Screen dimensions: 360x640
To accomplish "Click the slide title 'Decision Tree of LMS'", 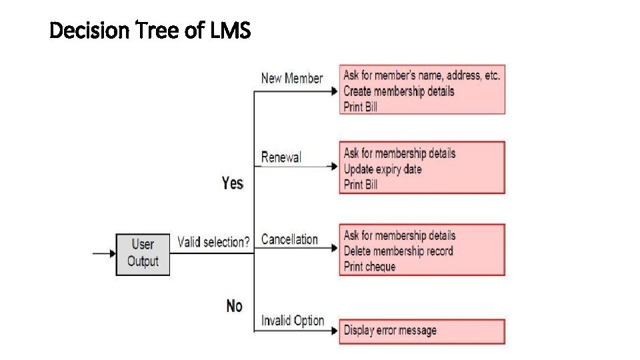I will click(150, 30).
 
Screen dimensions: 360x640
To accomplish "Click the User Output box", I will click(143, 253).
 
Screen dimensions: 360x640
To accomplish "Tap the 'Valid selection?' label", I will click(213, 242).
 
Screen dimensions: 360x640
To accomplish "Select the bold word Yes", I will click(233, 183).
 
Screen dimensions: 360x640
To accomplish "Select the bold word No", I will click(234, 306).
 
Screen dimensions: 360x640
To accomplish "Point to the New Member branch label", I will click(292, 78).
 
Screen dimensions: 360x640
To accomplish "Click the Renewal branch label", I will click(281, 157).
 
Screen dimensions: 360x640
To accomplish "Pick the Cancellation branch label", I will click(289, 239).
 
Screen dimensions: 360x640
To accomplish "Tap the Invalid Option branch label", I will click(293, 321).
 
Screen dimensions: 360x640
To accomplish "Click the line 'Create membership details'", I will click(399, 91).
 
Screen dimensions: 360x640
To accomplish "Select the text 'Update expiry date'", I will click(383, 169).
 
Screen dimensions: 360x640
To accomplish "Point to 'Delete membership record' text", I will click(398, 251).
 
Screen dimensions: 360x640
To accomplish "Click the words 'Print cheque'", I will click(369, 267).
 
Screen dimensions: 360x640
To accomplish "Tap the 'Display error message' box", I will click(421, 331).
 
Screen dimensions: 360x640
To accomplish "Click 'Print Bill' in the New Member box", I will click(361, 107).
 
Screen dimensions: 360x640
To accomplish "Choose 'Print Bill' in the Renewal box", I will click(361, 185).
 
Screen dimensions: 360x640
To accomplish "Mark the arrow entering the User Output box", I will click(104, 253).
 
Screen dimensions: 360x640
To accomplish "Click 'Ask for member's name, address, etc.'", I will click(421, 75).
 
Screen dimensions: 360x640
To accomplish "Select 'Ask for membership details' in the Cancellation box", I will click(399, 235).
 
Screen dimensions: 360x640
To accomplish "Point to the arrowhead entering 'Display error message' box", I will click(335, 331).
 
